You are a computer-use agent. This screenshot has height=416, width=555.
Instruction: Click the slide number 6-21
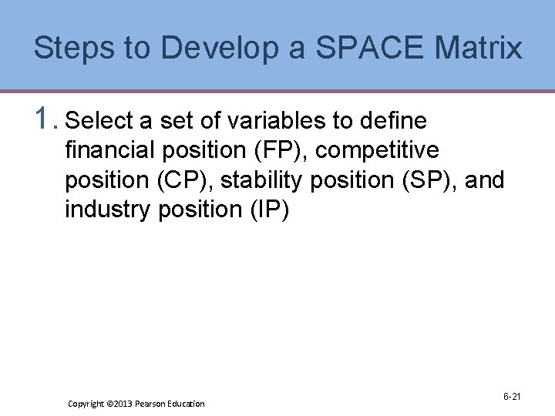click(x=512, y=397)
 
